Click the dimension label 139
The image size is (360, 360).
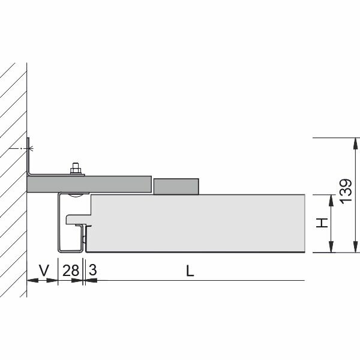[x=346, y=191]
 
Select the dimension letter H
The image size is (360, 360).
[x=322, y=223]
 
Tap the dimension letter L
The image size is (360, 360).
[x=190, y=271]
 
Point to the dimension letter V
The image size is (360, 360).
[x=44, y=270]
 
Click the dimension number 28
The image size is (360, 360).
[x=71, y=270]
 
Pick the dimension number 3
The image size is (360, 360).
[x=92, y=270]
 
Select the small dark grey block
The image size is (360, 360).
[x=176, y=187]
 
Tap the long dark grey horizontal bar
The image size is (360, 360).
[x=89, y=184]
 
